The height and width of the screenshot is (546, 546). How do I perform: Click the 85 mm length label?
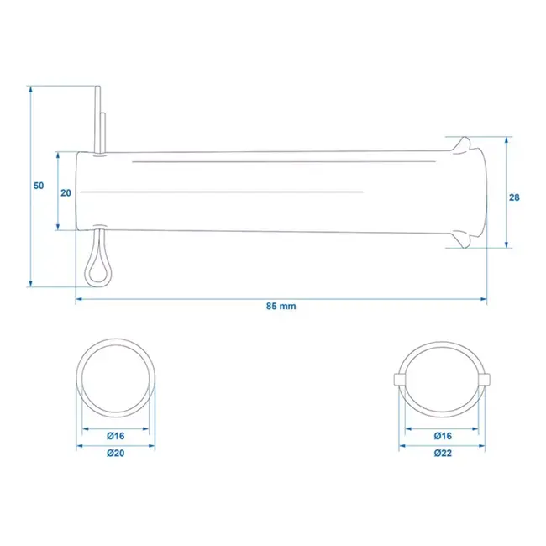coord(281,307)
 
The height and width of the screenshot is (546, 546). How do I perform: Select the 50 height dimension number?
coord(39,186)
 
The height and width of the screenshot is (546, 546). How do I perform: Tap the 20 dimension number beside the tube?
coord(66,192)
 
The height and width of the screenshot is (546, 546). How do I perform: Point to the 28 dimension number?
coord(515,197)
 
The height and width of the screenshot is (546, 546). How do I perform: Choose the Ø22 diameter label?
coord(444,453)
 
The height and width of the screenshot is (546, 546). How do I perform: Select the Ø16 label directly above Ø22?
coord(444,436)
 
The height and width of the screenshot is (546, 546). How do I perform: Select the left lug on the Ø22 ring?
coord(400,379)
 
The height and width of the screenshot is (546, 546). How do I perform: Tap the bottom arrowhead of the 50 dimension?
coord(30,283)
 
